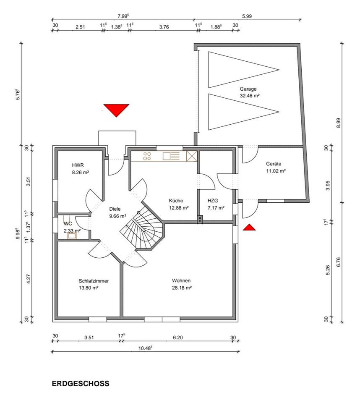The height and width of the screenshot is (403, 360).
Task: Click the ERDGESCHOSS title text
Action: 81,383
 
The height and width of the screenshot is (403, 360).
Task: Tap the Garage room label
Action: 248,89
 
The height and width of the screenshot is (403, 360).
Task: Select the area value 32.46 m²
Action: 249,96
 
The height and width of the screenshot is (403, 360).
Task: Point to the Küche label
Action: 176,201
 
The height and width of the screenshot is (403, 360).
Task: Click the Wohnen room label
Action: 181,280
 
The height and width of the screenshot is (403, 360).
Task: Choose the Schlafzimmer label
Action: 94,281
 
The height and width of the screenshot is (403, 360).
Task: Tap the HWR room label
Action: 78,165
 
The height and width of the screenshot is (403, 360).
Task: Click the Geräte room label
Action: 274,164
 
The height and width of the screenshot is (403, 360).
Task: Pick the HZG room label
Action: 213,201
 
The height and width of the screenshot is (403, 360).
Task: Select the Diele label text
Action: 115,209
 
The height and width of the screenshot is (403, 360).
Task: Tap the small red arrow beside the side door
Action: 249,227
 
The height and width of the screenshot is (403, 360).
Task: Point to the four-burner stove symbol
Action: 147,156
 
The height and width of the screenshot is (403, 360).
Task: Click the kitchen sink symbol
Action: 171,156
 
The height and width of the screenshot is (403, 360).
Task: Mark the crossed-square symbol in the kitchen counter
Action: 191,156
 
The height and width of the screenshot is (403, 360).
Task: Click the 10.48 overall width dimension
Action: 146,348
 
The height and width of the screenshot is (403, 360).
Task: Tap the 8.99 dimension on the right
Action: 338,123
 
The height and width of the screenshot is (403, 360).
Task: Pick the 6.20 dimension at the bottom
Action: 177,338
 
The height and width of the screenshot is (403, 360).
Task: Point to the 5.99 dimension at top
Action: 247,16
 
